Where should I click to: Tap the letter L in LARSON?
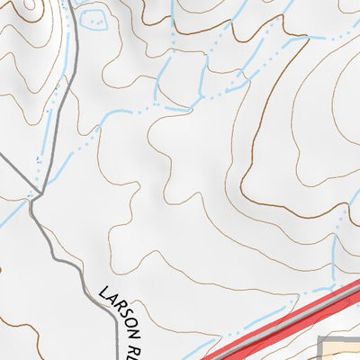(103, 292)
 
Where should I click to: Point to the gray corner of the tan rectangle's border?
(322, 337)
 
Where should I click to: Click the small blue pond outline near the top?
(91, 16)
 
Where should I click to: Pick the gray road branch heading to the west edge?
(13, 175)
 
